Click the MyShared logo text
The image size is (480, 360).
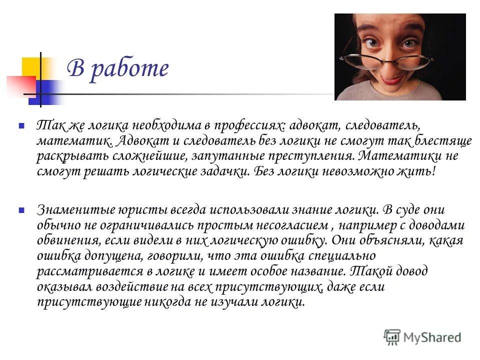pos(432,337)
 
